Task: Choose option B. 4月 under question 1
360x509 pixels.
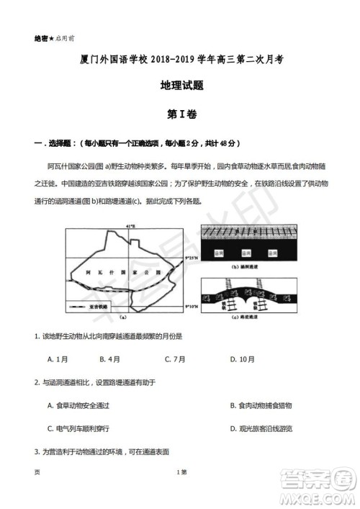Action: tap(110, 358)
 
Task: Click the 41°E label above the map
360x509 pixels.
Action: tap(131, 228)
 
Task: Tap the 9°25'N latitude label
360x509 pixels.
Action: tap(194, 256)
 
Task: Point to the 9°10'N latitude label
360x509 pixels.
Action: tap(194, 306)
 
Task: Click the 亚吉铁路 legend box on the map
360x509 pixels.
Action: tap(91, 306)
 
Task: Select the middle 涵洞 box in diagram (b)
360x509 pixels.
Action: tap(246, 254)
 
